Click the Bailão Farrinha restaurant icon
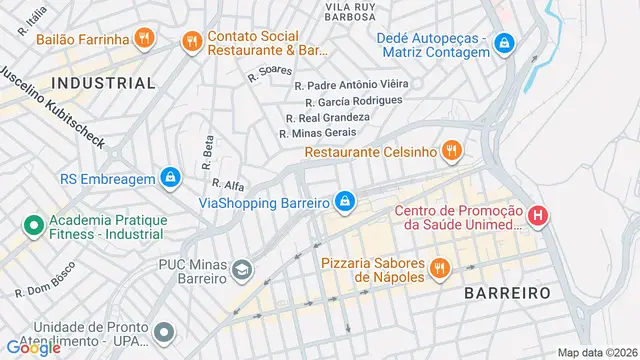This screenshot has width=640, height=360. [x=146, y=40]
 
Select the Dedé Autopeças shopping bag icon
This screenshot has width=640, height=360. [x=505, y=42]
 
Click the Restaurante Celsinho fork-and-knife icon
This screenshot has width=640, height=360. [x=452, y=152]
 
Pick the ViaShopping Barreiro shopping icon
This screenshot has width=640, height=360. [x=345, y=203]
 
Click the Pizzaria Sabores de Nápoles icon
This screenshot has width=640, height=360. [x=438, y=268]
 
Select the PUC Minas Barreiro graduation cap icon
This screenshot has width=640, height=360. [x=242, y=270]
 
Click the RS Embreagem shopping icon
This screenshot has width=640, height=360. [x=172, y=179]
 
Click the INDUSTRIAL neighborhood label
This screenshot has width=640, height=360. [x=103, y=83]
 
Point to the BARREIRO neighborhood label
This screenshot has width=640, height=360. [x=507, y=293]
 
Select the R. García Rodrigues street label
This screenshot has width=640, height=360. [x=354, y=101]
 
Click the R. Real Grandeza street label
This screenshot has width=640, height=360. [x=329, y=117]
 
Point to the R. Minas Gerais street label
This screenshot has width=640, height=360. [x=317, y=133]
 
